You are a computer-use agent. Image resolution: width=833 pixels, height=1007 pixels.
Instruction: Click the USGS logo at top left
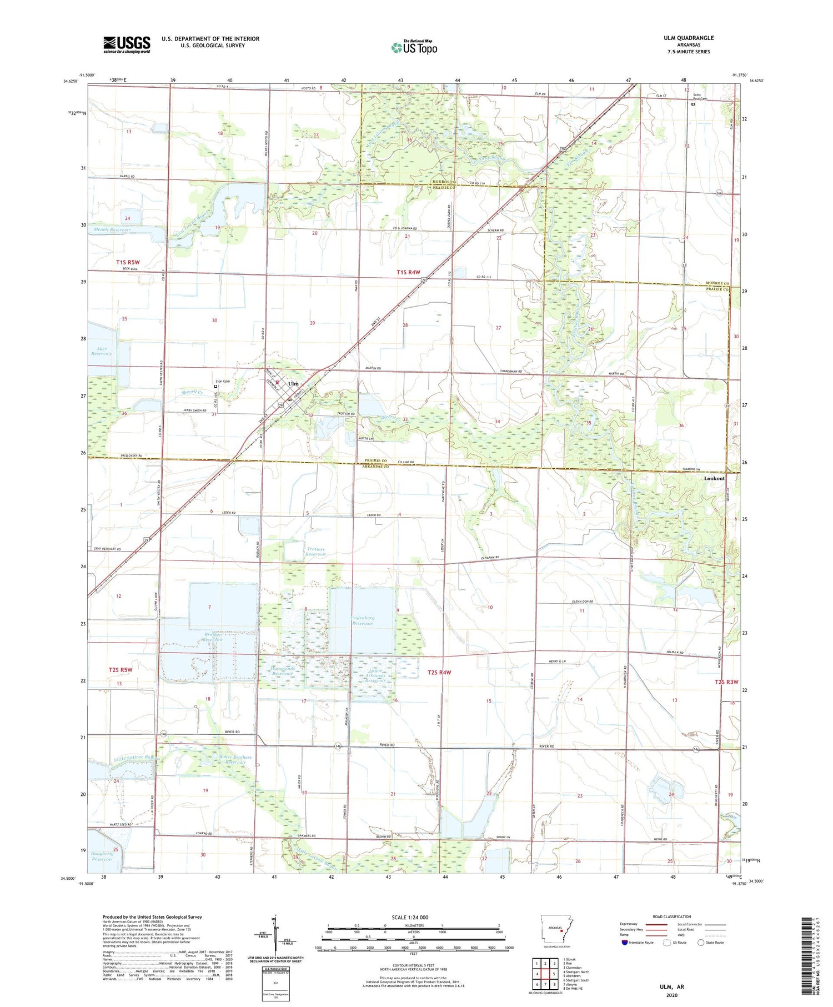pos(127,44)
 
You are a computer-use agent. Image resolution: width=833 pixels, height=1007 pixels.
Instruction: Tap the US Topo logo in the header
pos(414,48)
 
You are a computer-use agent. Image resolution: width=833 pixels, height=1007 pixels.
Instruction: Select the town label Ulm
pos(293,384)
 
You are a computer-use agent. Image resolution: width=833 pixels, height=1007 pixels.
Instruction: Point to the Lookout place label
pos(714,478)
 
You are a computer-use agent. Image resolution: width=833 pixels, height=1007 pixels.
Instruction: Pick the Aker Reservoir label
pos(102,351)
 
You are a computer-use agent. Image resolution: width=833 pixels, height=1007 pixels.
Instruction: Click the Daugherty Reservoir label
pos(101,856)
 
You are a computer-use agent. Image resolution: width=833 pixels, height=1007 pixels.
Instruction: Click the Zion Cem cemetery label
pos(222,381)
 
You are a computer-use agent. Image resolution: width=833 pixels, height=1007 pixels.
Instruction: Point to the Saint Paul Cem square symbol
pos(693,104)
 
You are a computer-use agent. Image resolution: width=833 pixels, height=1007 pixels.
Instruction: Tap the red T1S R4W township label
pos(408,272)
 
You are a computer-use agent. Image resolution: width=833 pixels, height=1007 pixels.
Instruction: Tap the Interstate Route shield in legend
pos(624,942)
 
